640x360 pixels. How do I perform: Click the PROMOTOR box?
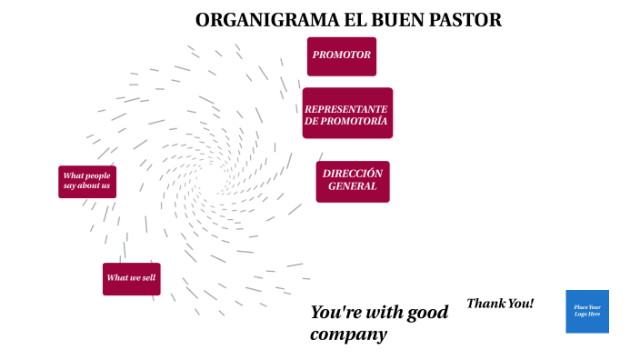341,55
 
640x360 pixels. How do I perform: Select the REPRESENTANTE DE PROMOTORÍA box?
347,114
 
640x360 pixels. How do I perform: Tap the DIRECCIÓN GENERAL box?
353,181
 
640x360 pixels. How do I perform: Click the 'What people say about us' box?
87,181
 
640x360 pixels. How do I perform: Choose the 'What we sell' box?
131,278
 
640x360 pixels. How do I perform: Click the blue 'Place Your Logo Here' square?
587,311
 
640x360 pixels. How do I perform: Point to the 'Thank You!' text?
500,304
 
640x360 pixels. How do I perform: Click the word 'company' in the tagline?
348,335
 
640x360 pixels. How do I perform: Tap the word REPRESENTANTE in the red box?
346,108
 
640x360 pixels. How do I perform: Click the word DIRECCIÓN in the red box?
353,174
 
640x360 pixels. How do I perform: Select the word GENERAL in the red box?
353,186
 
